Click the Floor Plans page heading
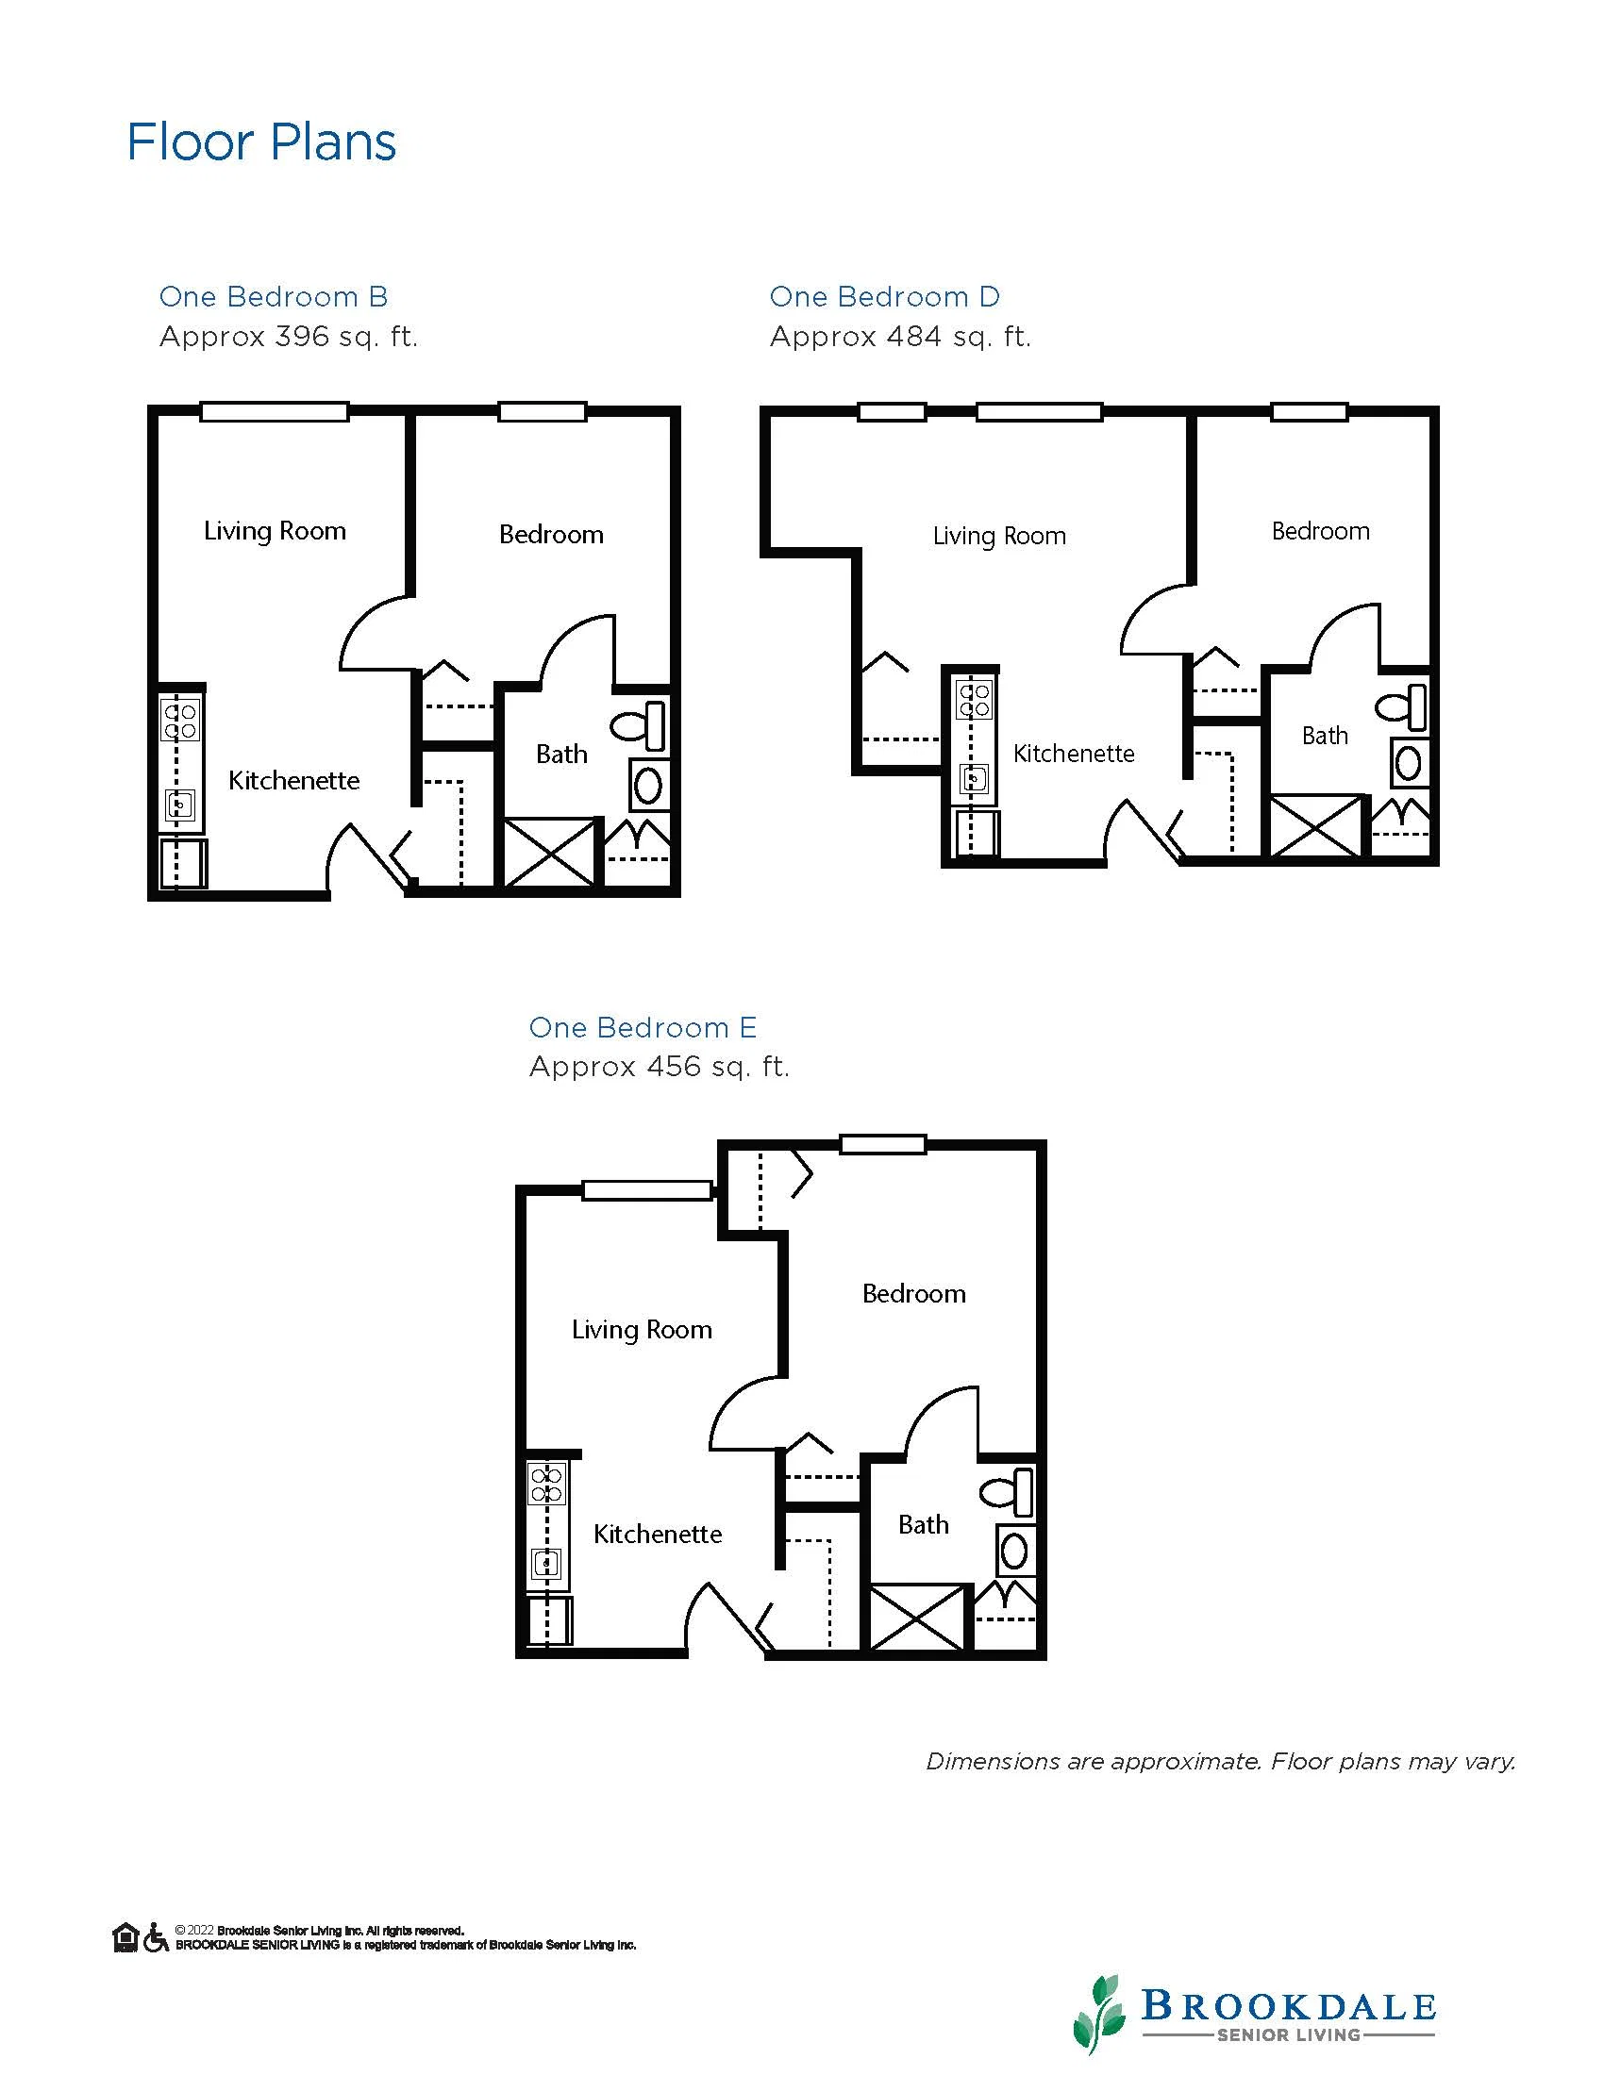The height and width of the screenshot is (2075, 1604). click(x=261, y=142)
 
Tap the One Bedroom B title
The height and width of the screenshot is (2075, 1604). click(x=274, y=297)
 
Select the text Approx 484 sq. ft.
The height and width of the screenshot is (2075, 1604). click(x=900, y=338)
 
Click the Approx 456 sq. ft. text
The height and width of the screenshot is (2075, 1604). click(x=660, y=1067)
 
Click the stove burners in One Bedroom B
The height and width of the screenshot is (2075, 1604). click(x=180, y=720)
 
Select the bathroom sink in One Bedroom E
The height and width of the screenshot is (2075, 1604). click(x=1015, y=1551)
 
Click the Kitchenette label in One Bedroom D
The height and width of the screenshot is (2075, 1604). click(x=1074, y=754)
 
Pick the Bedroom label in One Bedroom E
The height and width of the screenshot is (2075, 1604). click(x=914, y=1293)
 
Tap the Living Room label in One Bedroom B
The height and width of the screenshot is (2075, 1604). click(x=275, y=531)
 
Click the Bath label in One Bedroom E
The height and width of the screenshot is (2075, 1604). click(x=924, y=1525)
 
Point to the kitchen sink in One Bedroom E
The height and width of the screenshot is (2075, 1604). click(x=546, y=1563)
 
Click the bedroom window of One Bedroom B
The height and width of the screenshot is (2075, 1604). click(x=543, y=411)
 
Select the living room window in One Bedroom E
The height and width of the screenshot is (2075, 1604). click(x=647, y=1190)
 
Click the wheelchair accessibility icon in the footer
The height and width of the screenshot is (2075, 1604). click(x=156, y=1937)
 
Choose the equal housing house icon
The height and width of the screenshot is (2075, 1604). click(x=125, y=1937)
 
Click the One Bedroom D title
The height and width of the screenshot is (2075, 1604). click(x=885, y=297)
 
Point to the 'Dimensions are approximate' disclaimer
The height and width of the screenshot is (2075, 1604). click(x=1221, y=1763)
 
